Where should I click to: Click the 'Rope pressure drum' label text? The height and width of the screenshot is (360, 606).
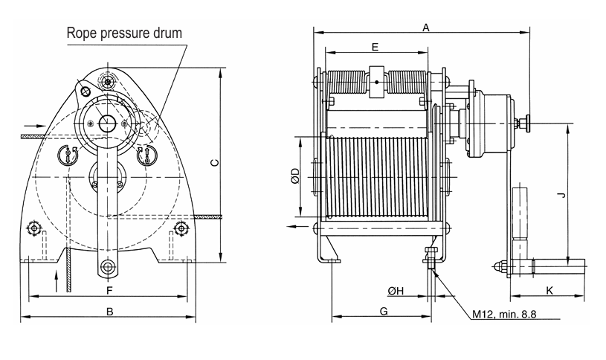coord(124,33)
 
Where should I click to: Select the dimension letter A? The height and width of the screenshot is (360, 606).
coord(426,28)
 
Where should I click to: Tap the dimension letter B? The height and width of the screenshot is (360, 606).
coord(109,312)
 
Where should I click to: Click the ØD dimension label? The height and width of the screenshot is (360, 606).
coord(295,176)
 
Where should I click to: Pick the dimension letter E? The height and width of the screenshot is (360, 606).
coord(375,47)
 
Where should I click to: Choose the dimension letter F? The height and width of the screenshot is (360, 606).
coord(109,289)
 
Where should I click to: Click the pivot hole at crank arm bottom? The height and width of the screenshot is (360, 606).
coord(109,266)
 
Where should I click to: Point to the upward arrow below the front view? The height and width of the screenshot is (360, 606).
coord(57,278)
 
